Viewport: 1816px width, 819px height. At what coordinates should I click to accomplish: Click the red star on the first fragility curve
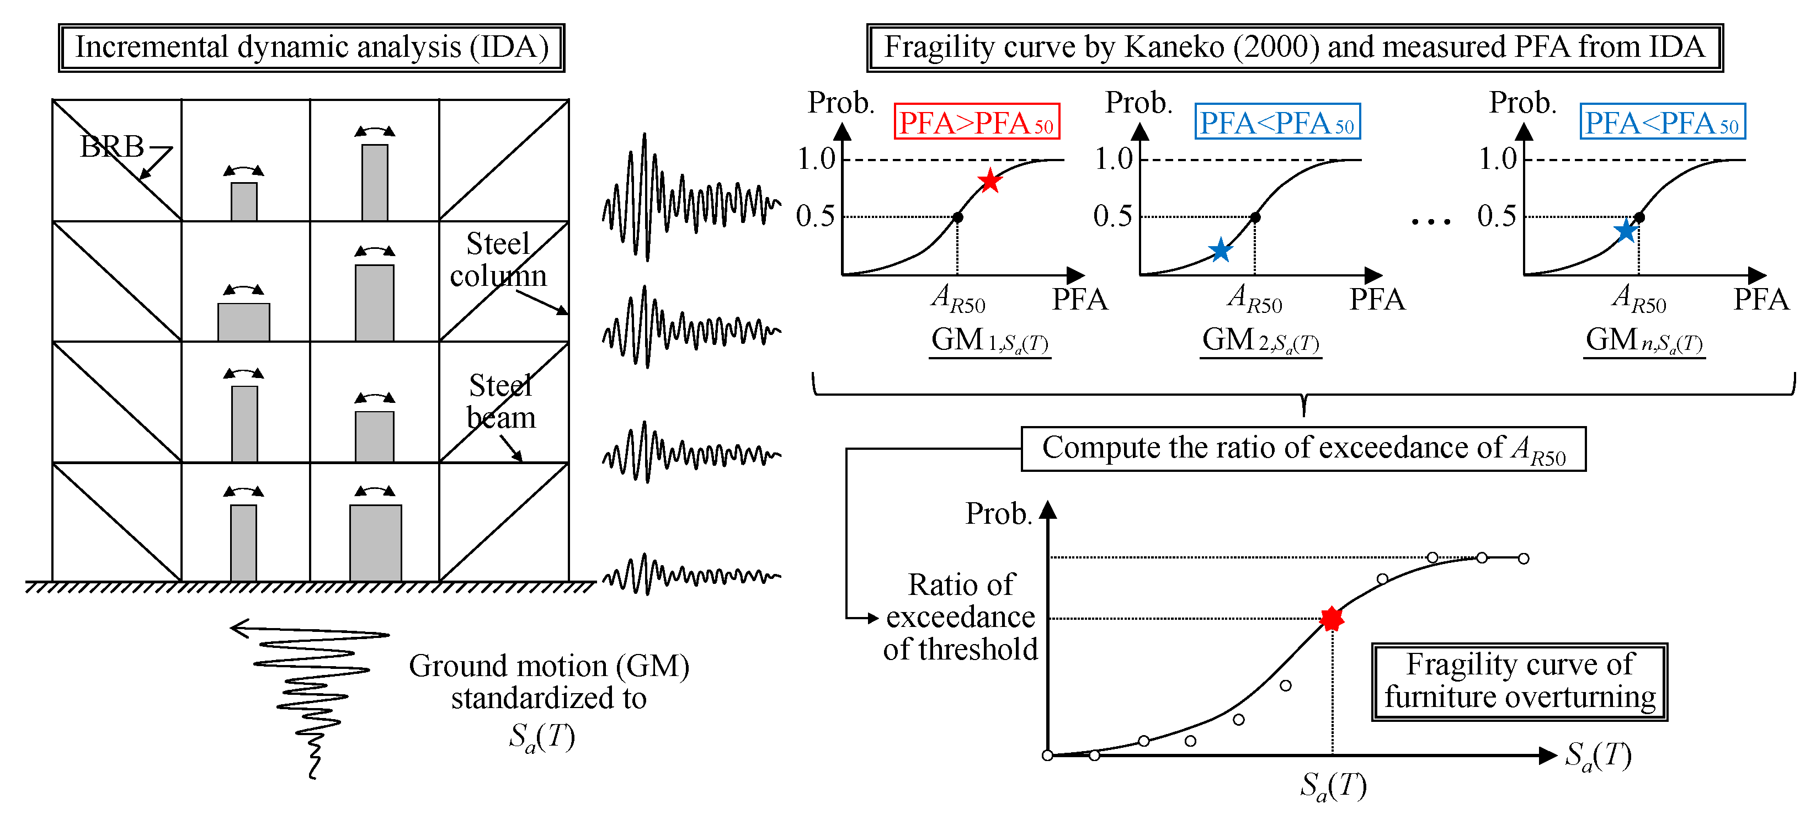pyautogui.click(x=990, y=181)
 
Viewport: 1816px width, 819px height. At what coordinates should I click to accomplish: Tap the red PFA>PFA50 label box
pyautogui.click(x=976, y=123)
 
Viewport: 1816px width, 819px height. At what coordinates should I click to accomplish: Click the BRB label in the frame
pyautogui.click(x=112, y=147)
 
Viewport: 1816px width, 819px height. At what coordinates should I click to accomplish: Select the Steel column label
pyautogui.click(x=498, y=259)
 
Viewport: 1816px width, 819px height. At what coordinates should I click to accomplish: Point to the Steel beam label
pyautogui.click(x=500, y=402)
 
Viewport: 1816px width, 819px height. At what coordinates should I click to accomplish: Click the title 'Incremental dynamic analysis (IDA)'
pyautogui.click(x=312, y=48)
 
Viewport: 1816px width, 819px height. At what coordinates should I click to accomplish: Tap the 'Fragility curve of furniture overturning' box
pyautogui.click(x=1519, y=682)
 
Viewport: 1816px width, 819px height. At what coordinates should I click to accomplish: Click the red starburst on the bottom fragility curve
pyautogui.click(x=1332, y=619)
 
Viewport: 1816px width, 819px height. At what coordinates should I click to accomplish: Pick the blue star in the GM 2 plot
pyautogui.click(x=1219, y=250)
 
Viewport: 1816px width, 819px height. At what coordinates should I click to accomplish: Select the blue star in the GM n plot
pyautogui.click(x=1625, y=231)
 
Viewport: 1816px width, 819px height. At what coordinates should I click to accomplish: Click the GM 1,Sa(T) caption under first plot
pyautogui.click(x=990, y=341)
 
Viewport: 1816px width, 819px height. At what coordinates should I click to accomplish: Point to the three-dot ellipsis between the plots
pyautogui.click(x=1431, y=222)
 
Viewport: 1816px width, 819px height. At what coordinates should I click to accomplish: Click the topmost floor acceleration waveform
pyautogui.click(x=691, y=198)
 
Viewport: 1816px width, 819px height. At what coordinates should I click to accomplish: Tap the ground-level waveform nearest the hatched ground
pyautogui.click(x=691, y=575)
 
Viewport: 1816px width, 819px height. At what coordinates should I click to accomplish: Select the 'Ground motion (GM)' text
pyautogui.click(x=548, y=666)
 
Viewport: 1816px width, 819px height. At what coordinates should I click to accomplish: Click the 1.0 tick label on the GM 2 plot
pyautogui.click(x=1113, y=159)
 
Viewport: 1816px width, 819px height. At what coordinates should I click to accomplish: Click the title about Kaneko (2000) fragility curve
pyautogui.click(x=1295, y=48)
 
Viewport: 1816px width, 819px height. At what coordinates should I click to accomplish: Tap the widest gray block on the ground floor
pyautogui.click(x=376, y=543)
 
